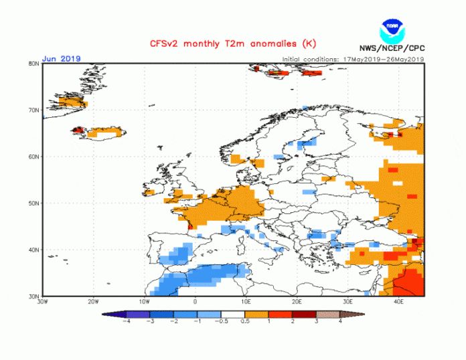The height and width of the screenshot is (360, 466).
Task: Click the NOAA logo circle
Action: point(392,31)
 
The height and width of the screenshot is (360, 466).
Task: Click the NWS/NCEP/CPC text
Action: point(393,50)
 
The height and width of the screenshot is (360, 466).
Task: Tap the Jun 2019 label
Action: point(61,59)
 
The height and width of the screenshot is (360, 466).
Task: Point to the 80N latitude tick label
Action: point(33,64)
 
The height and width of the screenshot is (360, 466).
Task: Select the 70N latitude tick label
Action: point(33,110)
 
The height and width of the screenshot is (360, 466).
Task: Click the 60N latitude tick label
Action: point(33,157)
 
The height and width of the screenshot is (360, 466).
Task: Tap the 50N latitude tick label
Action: point(33,203)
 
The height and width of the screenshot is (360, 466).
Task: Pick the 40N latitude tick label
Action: point(33,250)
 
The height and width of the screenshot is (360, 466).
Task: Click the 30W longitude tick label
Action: point(42,302)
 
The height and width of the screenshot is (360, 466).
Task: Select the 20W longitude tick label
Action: point(93,302)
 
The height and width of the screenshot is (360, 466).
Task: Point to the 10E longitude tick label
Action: point(246,302)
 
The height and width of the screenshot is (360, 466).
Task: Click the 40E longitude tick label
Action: point(398,302)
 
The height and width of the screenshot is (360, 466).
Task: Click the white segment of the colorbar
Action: point(234,313)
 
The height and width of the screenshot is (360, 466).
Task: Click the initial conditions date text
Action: point(353,59)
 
